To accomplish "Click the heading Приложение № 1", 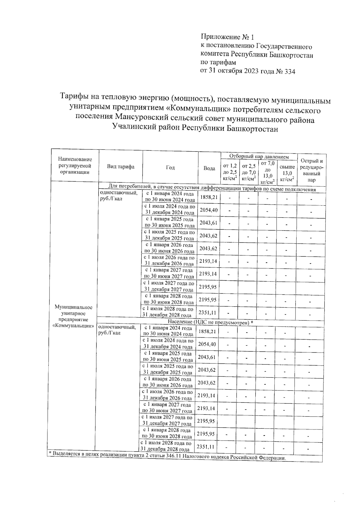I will coord(227,38).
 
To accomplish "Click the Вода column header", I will coord(209,168).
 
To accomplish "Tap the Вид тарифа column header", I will coord(121,167).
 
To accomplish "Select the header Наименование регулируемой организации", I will coord(75,166).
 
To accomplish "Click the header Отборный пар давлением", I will coord(259,156).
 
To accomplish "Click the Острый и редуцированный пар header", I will coord(311,170).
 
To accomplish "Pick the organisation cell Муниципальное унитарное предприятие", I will coord(73,316).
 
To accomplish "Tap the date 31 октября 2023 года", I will coord(237,71).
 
